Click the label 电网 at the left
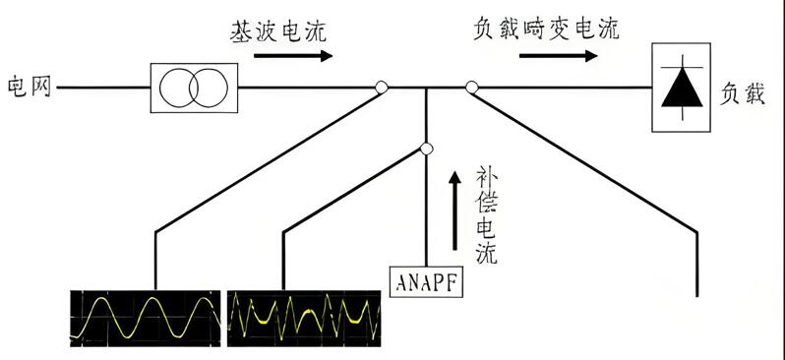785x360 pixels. pos(26,88)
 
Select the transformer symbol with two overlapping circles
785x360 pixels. pos(194,88)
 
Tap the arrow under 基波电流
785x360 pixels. pos(293,56)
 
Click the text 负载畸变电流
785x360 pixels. pos(545,29)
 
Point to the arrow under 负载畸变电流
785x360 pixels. pos(557,56)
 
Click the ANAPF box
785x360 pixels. pos(427,281)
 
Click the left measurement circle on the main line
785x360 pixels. pos(382,88)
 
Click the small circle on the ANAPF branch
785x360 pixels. pos(426,149)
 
